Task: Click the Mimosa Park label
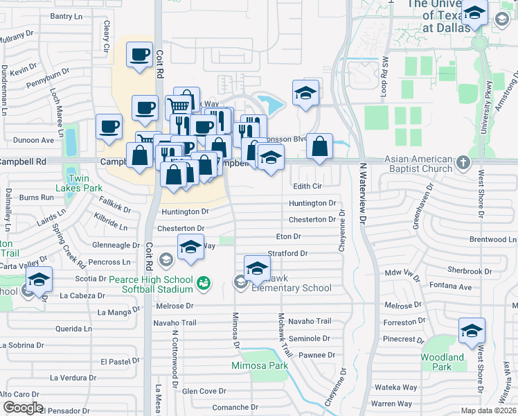coord(260,365)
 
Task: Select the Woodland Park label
coord(442,363)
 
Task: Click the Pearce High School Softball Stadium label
coord(150,284)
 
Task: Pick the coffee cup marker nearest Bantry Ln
coord(139,53)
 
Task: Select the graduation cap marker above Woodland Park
coord(472,330)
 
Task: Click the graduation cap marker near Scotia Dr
coord(39,279)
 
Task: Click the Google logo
coord(23,408)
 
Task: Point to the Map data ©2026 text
coord(489,410)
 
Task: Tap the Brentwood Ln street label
coord(492,239)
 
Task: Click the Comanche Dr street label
coord(234,407)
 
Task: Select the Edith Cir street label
coord(307,187)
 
